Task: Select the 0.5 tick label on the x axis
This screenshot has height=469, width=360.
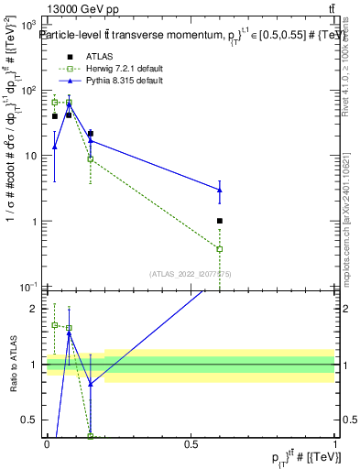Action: [191, 444]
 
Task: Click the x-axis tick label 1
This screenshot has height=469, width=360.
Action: [335, 444]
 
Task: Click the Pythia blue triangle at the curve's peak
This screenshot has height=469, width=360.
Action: [69, 104]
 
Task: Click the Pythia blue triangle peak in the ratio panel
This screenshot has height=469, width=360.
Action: [69, 334]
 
